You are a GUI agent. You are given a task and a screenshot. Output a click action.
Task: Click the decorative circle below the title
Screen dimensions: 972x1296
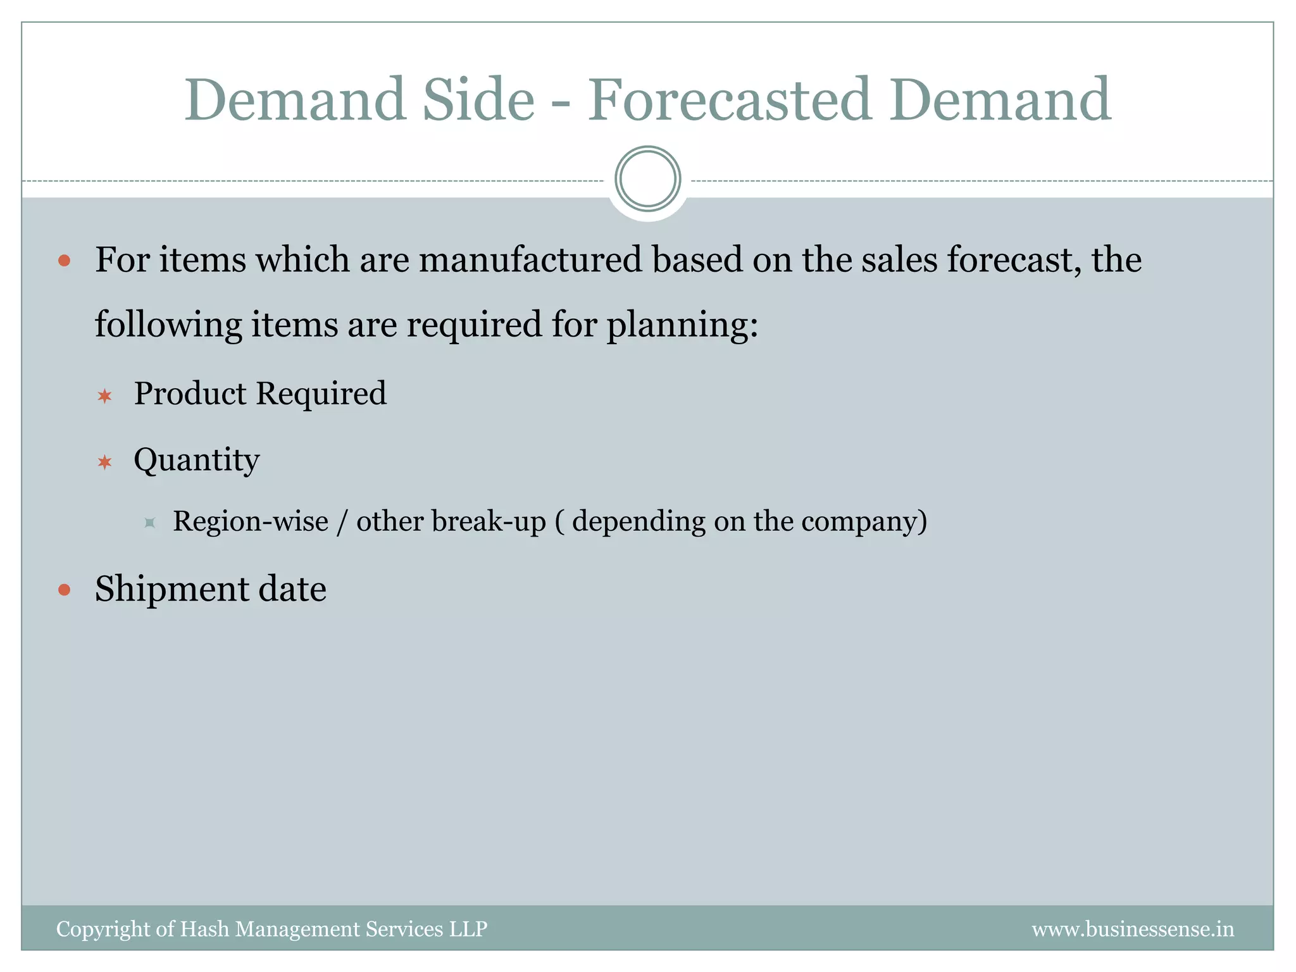[x=647, y=179]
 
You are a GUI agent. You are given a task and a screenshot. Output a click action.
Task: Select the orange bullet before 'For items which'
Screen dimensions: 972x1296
[x=64, y=261]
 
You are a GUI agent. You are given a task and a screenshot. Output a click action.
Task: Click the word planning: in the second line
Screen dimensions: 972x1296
[x=682, y=325]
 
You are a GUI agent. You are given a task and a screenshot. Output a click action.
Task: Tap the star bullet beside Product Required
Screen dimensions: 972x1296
[x=104, y=397]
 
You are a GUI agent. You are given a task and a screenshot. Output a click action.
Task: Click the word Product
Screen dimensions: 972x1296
[x=190, y=394]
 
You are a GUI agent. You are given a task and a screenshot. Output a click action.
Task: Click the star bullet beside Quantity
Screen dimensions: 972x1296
[x=104, y=463]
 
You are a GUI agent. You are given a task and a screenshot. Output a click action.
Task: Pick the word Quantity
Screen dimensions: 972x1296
[x=196, y=461]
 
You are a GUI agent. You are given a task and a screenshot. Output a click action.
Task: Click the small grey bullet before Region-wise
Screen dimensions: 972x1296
[x=150, y=523]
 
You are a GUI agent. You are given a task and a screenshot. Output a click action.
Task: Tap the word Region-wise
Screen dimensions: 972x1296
[x=251, y=521]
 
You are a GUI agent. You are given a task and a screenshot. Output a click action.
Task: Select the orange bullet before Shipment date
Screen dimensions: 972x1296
[x=64, y=590]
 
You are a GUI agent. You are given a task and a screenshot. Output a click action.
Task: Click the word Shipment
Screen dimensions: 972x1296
[x=171, y=590]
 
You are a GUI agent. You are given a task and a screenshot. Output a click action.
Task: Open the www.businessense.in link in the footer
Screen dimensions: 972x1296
[x=1132, y=930]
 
